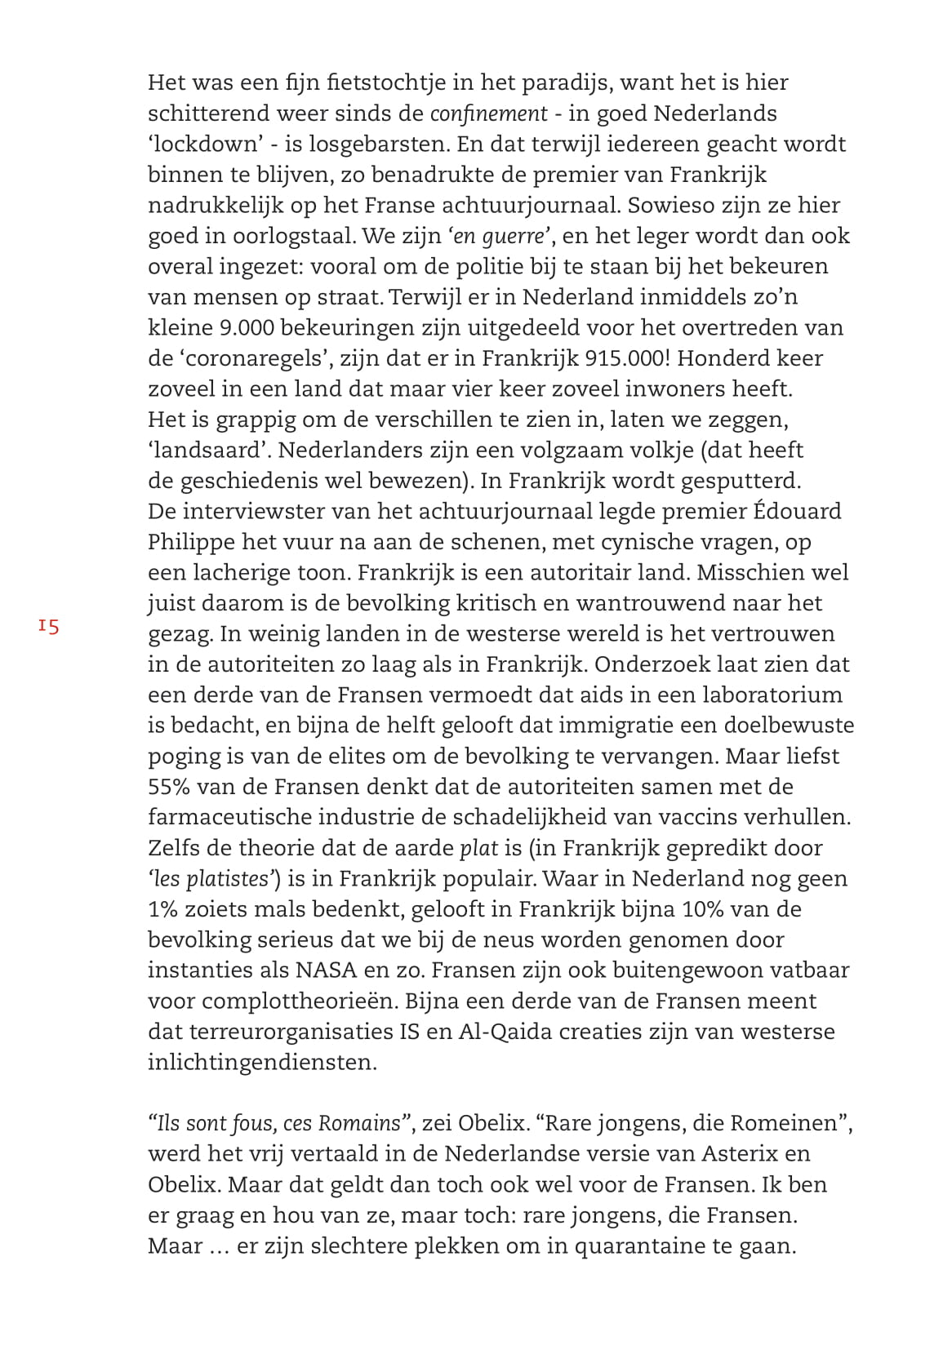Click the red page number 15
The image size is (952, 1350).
48,627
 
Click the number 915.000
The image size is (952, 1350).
626,358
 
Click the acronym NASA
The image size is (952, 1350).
326,971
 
